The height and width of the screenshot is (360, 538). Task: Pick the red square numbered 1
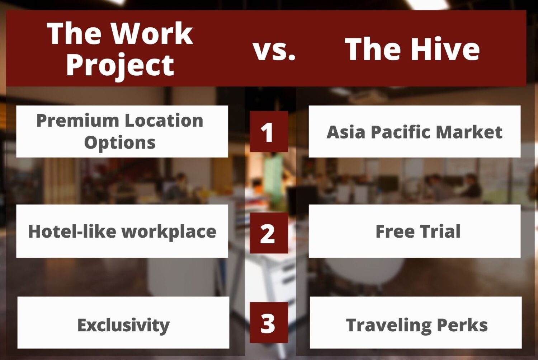click(269, 131)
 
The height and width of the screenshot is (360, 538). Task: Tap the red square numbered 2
click(269, 233)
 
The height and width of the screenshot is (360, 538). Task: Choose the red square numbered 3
click(269, 323)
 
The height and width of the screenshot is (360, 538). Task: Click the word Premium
click(78, 120)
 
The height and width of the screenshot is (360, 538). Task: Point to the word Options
click(120, 143)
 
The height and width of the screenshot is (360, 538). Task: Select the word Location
click(164, 120)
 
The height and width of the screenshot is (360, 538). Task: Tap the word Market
click(469, 132)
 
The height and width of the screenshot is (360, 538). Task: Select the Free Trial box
click(415, 231)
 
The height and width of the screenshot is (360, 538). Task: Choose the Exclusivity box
click(123, 323)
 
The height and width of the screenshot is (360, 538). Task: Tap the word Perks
click(462, 325)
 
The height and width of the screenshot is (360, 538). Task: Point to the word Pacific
click(401, 132)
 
